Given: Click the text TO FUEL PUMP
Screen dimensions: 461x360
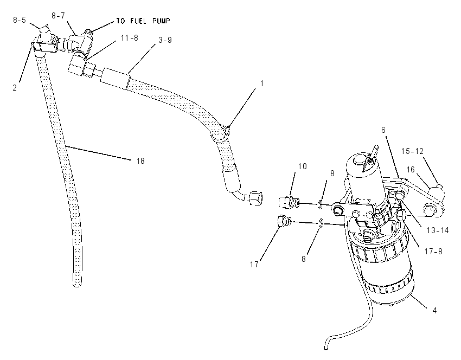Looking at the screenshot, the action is click(x=143, y=21).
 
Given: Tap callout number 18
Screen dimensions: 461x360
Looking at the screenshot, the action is click(x=140, y=160).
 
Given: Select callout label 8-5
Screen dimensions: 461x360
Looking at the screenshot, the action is click(x=20, y=20).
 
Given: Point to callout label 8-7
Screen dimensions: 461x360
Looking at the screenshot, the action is click(x=58, y=16).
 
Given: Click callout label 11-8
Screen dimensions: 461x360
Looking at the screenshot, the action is click(x=130, y=38).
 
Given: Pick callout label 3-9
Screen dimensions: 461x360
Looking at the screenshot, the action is click(x=165, y=40).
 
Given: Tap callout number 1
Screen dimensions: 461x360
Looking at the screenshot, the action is click(x=261, y=83).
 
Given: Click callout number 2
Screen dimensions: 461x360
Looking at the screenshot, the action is click(x=15, y=87).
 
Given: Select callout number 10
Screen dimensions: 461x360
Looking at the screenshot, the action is click(x=302, y=166).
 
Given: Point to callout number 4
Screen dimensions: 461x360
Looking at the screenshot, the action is click(x=434, y=310).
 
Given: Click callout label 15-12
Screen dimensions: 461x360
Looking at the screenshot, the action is click(x=412, y=151).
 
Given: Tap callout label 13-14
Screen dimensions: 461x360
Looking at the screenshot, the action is click(x=438, y=230).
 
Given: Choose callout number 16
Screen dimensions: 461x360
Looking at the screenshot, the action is click(x=411, y=170).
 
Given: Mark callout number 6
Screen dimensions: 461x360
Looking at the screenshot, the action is click(x=383, y=130).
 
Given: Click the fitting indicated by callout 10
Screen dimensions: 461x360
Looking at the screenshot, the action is click(x=289, y=202).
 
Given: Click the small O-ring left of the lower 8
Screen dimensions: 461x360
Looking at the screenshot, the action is click(x=322, y=223).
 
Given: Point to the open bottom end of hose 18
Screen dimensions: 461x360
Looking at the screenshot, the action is click(x=76, y=284).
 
